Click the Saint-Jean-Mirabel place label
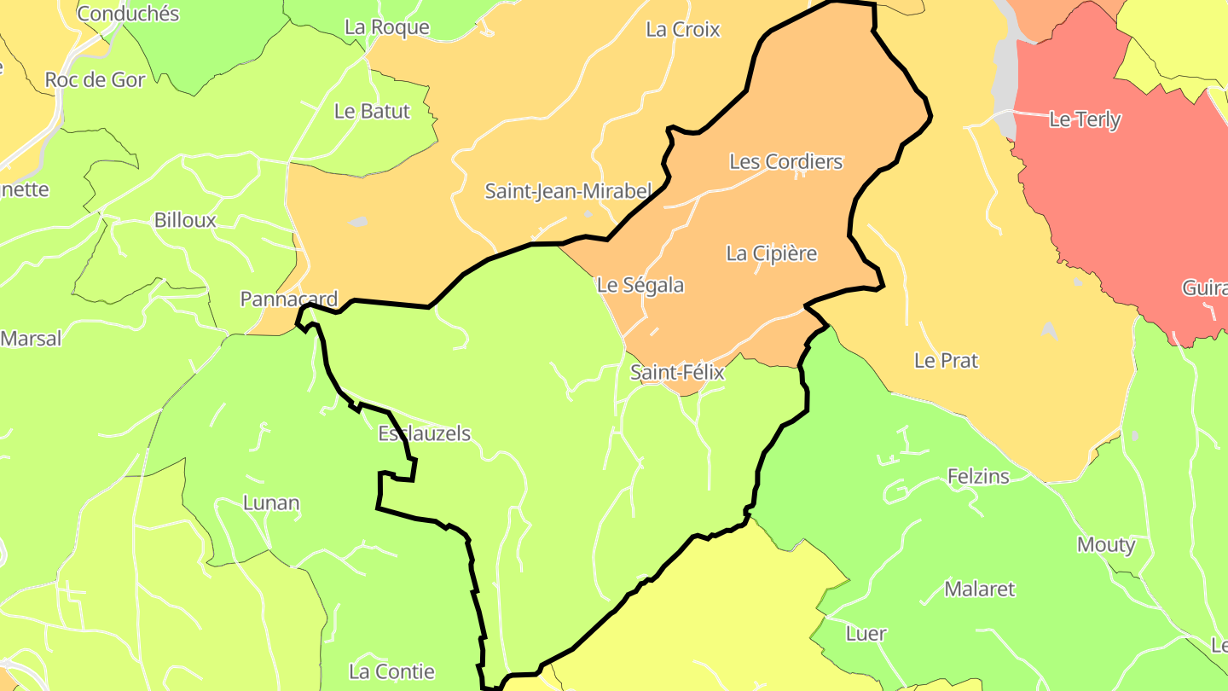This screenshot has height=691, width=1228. pyautogui.click(x=568, y=191)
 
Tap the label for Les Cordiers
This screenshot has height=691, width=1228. pyautogui.click(x=785, y=162)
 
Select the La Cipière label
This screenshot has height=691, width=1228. pyautogui.click(x=771, y=253)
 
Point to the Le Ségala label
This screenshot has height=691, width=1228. pyautogui.click(x=640, y=285)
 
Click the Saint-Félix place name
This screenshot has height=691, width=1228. pyautogui.click(x=677, y=373)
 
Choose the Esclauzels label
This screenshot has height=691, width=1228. pyautogui.click(x=424, y=433)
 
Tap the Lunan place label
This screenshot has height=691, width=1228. pyautogui.click(x=271, y=502)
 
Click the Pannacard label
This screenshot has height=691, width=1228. pyautogui.click(x=289, y=299)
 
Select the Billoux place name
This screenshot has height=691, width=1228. pyautogui.click(x=185, y=220)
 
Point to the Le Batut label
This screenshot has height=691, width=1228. pyautogui.click(x=372, y=111)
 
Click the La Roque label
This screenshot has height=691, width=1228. pyautogui.click(x=386, y=27)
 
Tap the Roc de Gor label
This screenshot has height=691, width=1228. pyautogui.click(x=95, y=80)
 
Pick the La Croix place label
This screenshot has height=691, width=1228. pyautogui.click(x=682, y=30)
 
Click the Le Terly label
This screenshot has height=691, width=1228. pyautogui.click(x=1085, y=119)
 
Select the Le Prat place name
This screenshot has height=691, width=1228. pyautogui.click(x=946, y=361)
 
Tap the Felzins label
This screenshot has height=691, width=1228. pyautogui.click(x=978, y=476)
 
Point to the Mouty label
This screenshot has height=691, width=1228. pyautogui.click(x=1106, y=544)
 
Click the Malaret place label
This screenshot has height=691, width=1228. pyautogui.click(x=980, y=589)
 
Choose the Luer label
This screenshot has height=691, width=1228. pyautogui.click(x=866, y=634)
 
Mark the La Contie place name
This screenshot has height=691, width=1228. pyautogui.click(x=391, y=672)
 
